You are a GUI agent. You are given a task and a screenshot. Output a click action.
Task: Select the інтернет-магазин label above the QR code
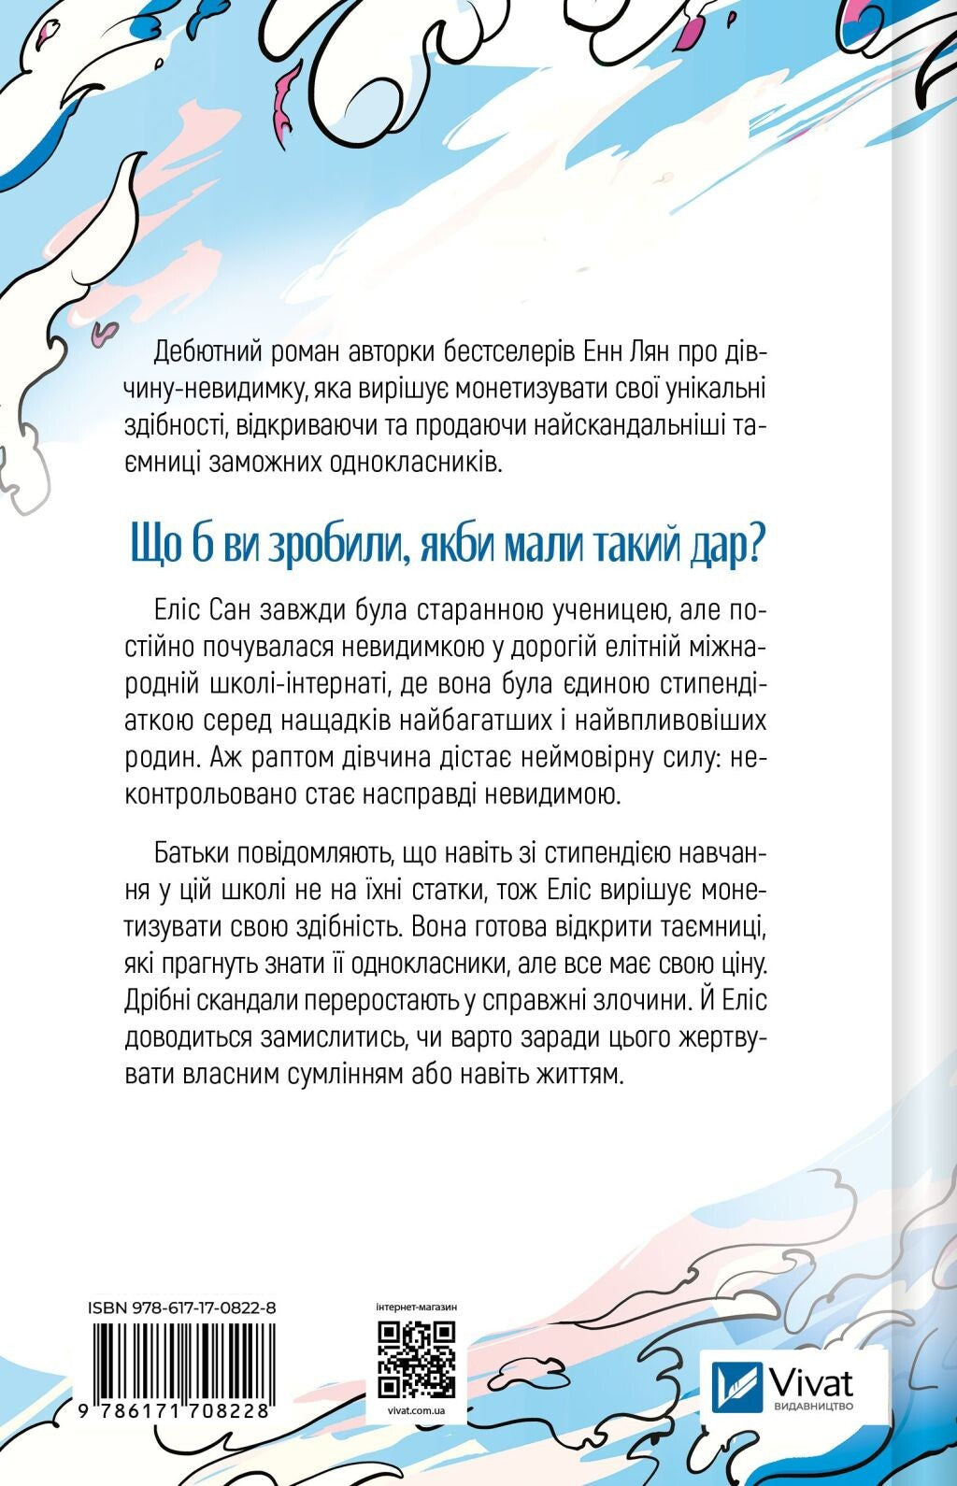click(x=415, y=1307)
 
